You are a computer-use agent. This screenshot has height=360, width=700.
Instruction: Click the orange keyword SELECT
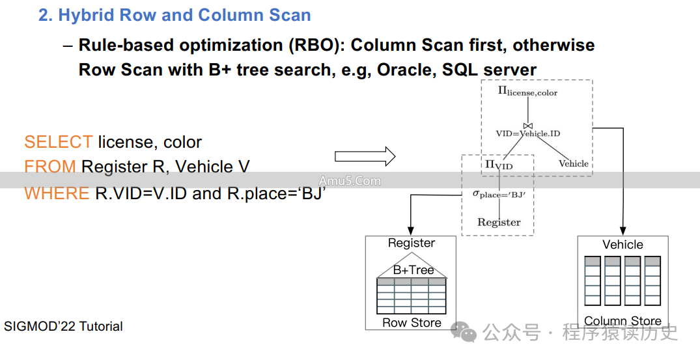tap(58, 142)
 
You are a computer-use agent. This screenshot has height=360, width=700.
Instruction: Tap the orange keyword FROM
tap(49, 167)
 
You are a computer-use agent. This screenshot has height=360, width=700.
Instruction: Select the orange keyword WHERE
tap(57, 193)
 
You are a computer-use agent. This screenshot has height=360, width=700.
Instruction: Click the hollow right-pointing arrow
tap(365, 156)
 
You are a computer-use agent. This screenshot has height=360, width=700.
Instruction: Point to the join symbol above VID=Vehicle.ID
tap(528, 125)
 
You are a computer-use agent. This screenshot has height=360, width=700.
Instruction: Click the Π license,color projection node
tap(527, 92)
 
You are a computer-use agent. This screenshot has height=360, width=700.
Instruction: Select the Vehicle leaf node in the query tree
tap(573, 163)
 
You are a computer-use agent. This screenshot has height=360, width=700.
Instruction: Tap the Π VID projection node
tap(499, 165)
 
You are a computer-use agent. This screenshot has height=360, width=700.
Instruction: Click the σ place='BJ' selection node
tap(499, 194)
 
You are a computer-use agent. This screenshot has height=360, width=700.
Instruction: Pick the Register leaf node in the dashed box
tap(499, 222)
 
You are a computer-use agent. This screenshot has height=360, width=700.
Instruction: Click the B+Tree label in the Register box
tap(413, 270)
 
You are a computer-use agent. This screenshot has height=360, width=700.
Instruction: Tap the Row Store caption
tap(412, 323)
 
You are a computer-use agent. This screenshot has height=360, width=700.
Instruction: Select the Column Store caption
tap(623, 321)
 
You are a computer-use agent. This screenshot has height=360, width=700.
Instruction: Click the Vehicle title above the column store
tap(623, 245)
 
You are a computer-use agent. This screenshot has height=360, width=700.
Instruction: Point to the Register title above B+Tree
tap(412, 243)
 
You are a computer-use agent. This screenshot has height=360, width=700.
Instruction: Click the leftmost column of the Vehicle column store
tap(592, 281)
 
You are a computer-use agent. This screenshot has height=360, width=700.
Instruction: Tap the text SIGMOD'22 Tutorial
tap(63, 326)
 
